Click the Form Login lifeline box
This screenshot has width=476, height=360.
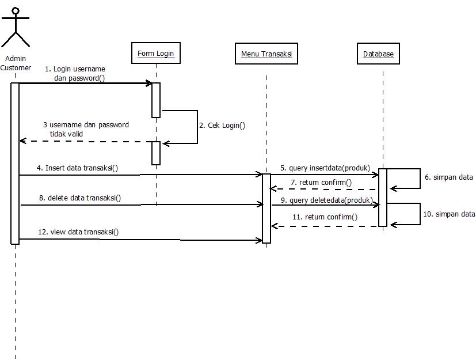click(155, 54)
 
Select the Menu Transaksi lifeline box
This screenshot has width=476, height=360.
click(266, 54)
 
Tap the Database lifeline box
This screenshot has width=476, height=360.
click(378, 54)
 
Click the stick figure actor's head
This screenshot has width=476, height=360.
click(15, 10)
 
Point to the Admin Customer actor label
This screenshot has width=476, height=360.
click(16, 63)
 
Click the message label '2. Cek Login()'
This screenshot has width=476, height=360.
click(222, 125)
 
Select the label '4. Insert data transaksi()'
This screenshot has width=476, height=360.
click(77, 168)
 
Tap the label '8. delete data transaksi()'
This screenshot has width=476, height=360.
click(80, 198)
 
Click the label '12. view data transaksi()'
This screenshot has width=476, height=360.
click(78, 232)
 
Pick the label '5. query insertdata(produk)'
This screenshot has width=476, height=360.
click(325, 168)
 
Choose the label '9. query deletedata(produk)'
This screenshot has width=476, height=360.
click(326, 200)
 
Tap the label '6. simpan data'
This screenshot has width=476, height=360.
click(448, 177)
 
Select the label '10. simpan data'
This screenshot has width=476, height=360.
click(449, 214)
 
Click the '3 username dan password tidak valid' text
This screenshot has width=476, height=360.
click(86, 129)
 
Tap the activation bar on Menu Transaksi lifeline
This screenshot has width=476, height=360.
click(266, 208)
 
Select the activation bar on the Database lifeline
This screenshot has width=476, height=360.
click(383, 197)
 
